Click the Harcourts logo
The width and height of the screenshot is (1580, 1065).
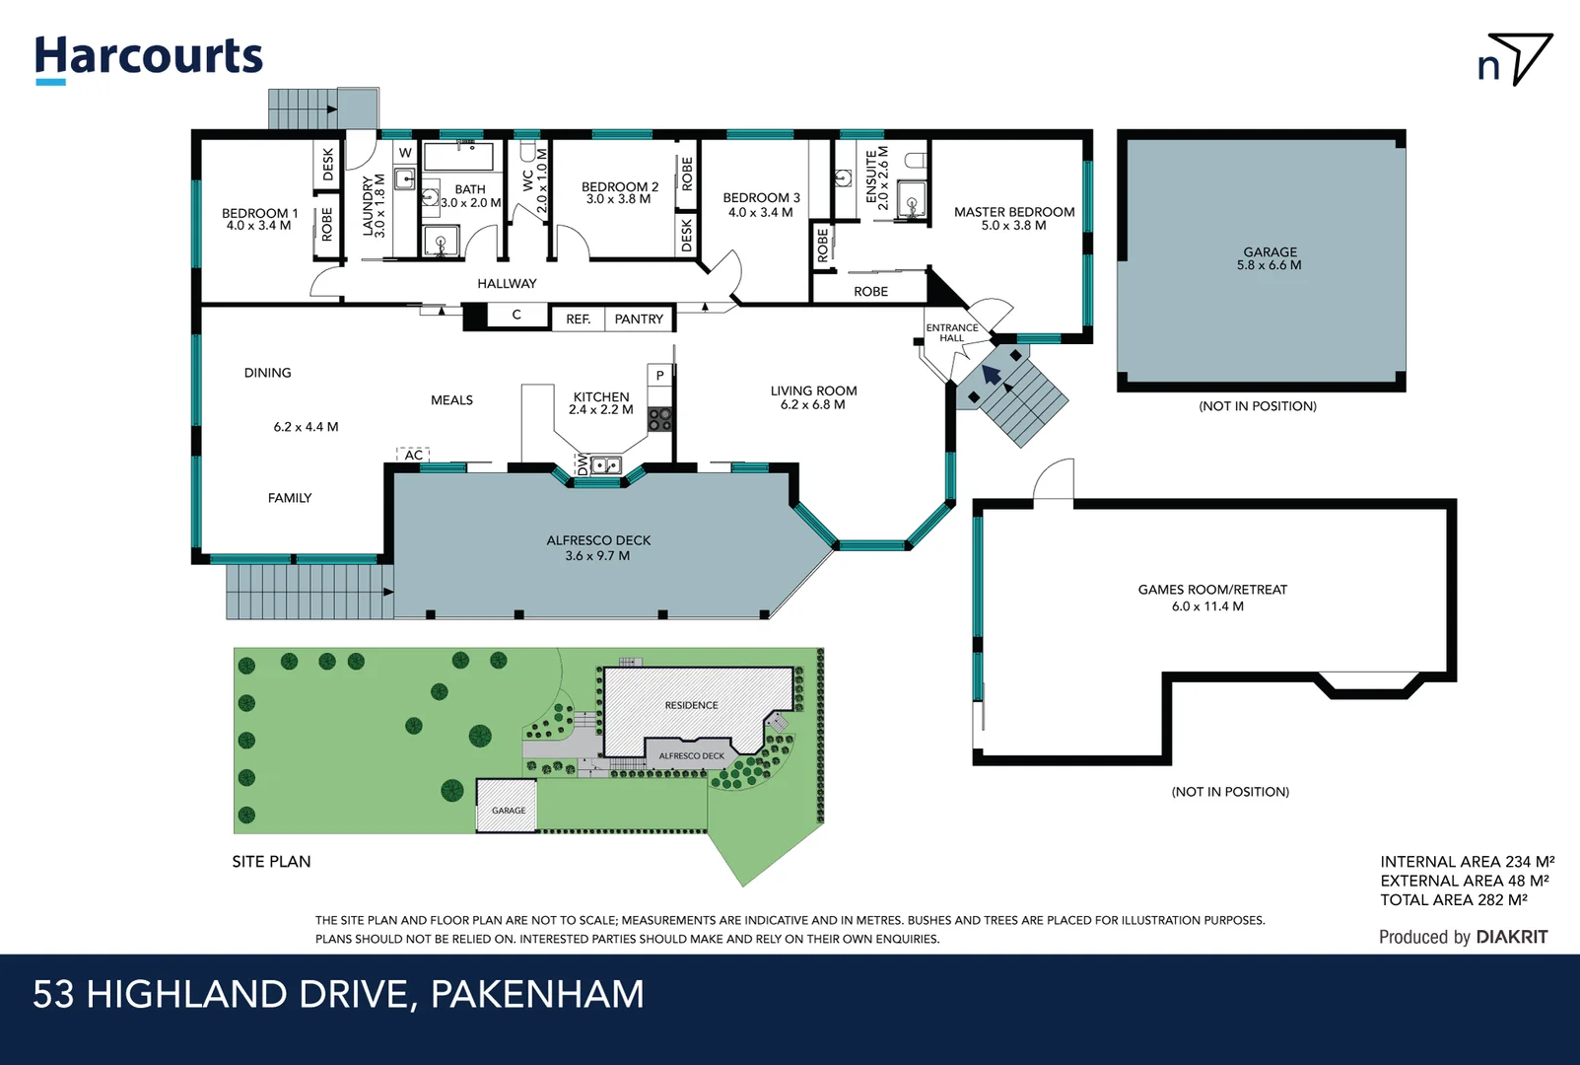(x=149, y=57)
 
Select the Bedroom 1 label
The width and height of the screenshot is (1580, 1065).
(x=259, y=213)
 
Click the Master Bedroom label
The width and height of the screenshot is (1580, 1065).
(x=1013, y=212)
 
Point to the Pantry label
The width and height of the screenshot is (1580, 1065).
(x=639, y=319)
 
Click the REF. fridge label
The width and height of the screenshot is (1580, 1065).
(x=579, y=319)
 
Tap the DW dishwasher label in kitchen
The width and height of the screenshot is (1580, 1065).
(x=583, y=464)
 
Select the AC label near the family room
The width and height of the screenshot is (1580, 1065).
(x=414, y=455)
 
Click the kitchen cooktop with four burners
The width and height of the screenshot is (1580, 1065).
(x=659, y=419)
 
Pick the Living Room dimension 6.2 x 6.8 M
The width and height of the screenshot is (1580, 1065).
(x=812, y=404)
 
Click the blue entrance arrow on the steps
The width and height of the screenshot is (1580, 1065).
(x=992, y=375)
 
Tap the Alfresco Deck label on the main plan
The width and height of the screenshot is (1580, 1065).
(x=598, y=540)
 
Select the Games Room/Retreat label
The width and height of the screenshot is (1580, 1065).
(x=1212, y=590)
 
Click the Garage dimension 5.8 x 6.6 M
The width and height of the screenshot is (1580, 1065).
(x=1269, y=265)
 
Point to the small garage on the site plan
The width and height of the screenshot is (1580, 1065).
(x=508, y=806)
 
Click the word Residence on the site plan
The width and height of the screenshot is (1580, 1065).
(x=691, y=705)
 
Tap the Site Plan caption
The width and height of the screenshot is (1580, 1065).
(x=271, y=861)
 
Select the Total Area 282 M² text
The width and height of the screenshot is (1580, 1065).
(x=1453, y=899)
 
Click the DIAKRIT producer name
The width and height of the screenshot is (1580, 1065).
(x=1511, y=937)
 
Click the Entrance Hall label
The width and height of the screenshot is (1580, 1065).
(x=951, y=332)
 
